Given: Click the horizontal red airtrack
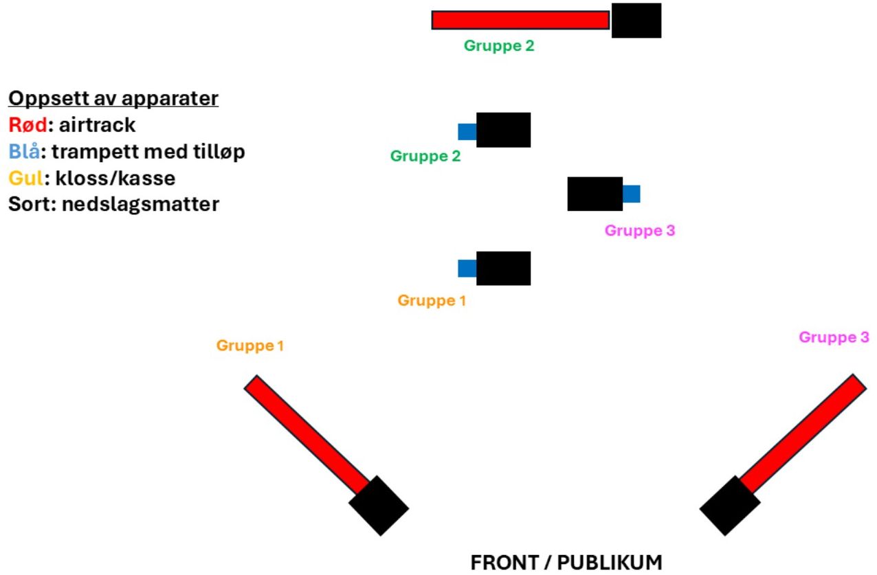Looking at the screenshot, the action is coord(520,20).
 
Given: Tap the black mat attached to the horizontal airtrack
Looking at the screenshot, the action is coord(636,21).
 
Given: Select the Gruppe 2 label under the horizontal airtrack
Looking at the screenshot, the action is coord(499,46).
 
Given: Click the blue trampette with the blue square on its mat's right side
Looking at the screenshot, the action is coord(631,194).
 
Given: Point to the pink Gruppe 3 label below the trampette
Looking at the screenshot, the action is coord(640,230).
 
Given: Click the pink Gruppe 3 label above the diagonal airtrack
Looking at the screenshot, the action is coord(834,337).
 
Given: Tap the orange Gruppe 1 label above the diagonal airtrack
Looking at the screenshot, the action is coord(250,346).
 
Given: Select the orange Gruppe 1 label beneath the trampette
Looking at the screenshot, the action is coord(432,301).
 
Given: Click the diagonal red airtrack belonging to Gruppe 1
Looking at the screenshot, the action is coord(307,434).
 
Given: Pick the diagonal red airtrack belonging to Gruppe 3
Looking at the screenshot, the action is coord(803,433).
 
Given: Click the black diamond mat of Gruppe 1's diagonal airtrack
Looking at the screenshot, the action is coord(379,506).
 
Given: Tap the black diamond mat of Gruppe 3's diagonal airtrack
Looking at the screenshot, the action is coord(730,506).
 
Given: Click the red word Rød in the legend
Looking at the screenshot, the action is coord(27,125).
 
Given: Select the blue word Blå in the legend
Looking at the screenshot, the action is coord(24,152).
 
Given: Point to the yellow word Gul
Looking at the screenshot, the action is coord(26,179).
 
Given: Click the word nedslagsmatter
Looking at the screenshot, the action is coord(141,204).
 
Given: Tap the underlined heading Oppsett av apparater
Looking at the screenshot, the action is coord(113,98).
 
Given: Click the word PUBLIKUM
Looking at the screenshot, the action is coord(610,563).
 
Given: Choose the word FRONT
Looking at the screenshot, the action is coord(505,563).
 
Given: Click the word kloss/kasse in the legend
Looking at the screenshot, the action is coord(115,179).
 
